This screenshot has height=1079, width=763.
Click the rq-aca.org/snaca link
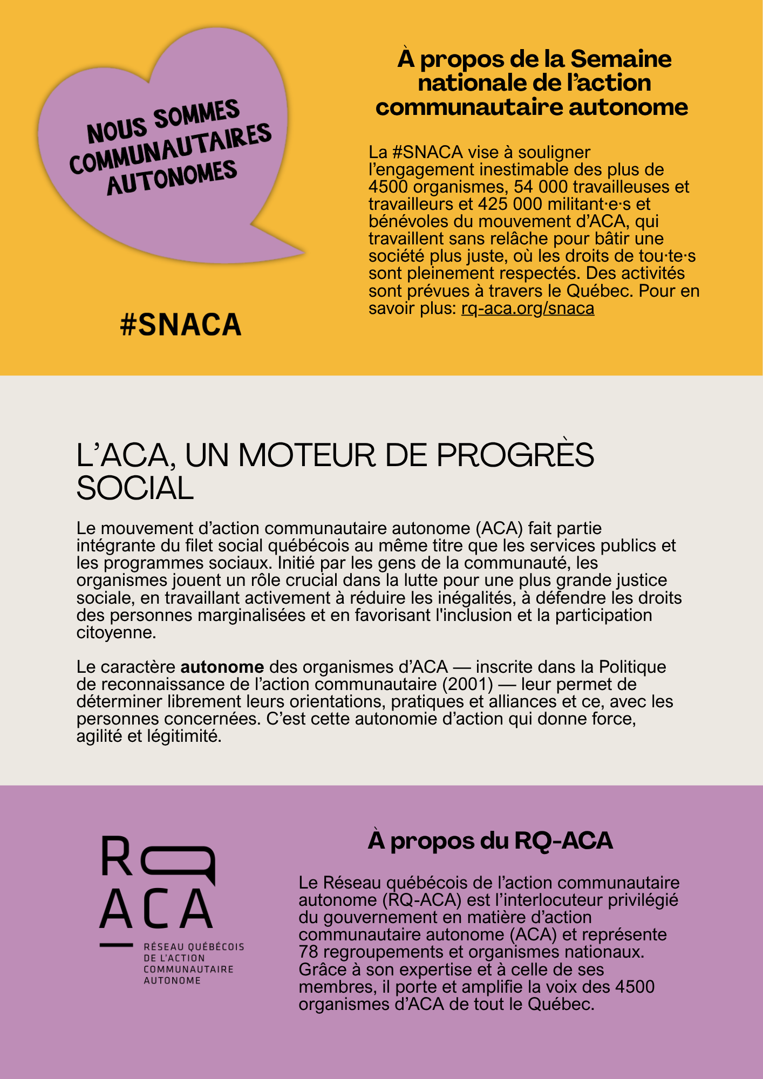pos(527,309)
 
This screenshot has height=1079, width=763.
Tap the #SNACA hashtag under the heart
pos(181,325)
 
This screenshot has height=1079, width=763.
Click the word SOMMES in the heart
pos(196,114)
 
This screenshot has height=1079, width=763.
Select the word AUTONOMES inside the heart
pos(172,177)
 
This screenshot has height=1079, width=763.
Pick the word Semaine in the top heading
pos(621,59)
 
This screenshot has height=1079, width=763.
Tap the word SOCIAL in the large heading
pos(135,488)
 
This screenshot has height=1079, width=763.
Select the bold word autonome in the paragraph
pos(222,667)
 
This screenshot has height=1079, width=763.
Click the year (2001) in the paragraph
pos(467,684)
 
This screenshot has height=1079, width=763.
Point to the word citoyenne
pos(116,632)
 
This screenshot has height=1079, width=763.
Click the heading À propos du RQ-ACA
pos(490,841)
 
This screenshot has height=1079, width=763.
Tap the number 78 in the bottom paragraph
pos(309,952)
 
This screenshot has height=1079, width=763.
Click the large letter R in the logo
pos(116,856)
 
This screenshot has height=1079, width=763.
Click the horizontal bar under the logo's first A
pos(116,945)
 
